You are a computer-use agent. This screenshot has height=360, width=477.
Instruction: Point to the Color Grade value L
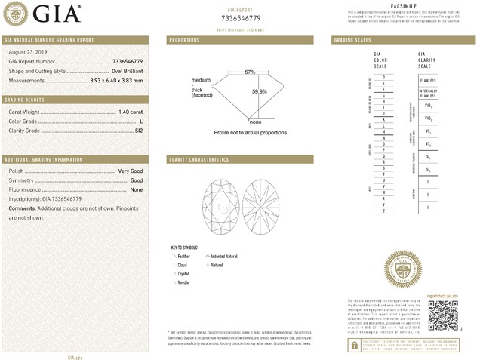click(x=141, y=121)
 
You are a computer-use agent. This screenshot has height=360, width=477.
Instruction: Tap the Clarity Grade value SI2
click(x=138, y=130)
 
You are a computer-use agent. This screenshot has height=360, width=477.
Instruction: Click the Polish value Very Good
click(x=131, y=171)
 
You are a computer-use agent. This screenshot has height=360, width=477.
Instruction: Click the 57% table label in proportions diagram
click(x=250, y=72)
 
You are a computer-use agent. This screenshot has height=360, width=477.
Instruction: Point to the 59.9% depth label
click(x=259, y=91)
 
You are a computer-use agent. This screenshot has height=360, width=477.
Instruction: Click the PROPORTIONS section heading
click(x=184, y=39)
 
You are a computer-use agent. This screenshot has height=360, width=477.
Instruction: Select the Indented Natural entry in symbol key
click(x=224, y=257)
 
